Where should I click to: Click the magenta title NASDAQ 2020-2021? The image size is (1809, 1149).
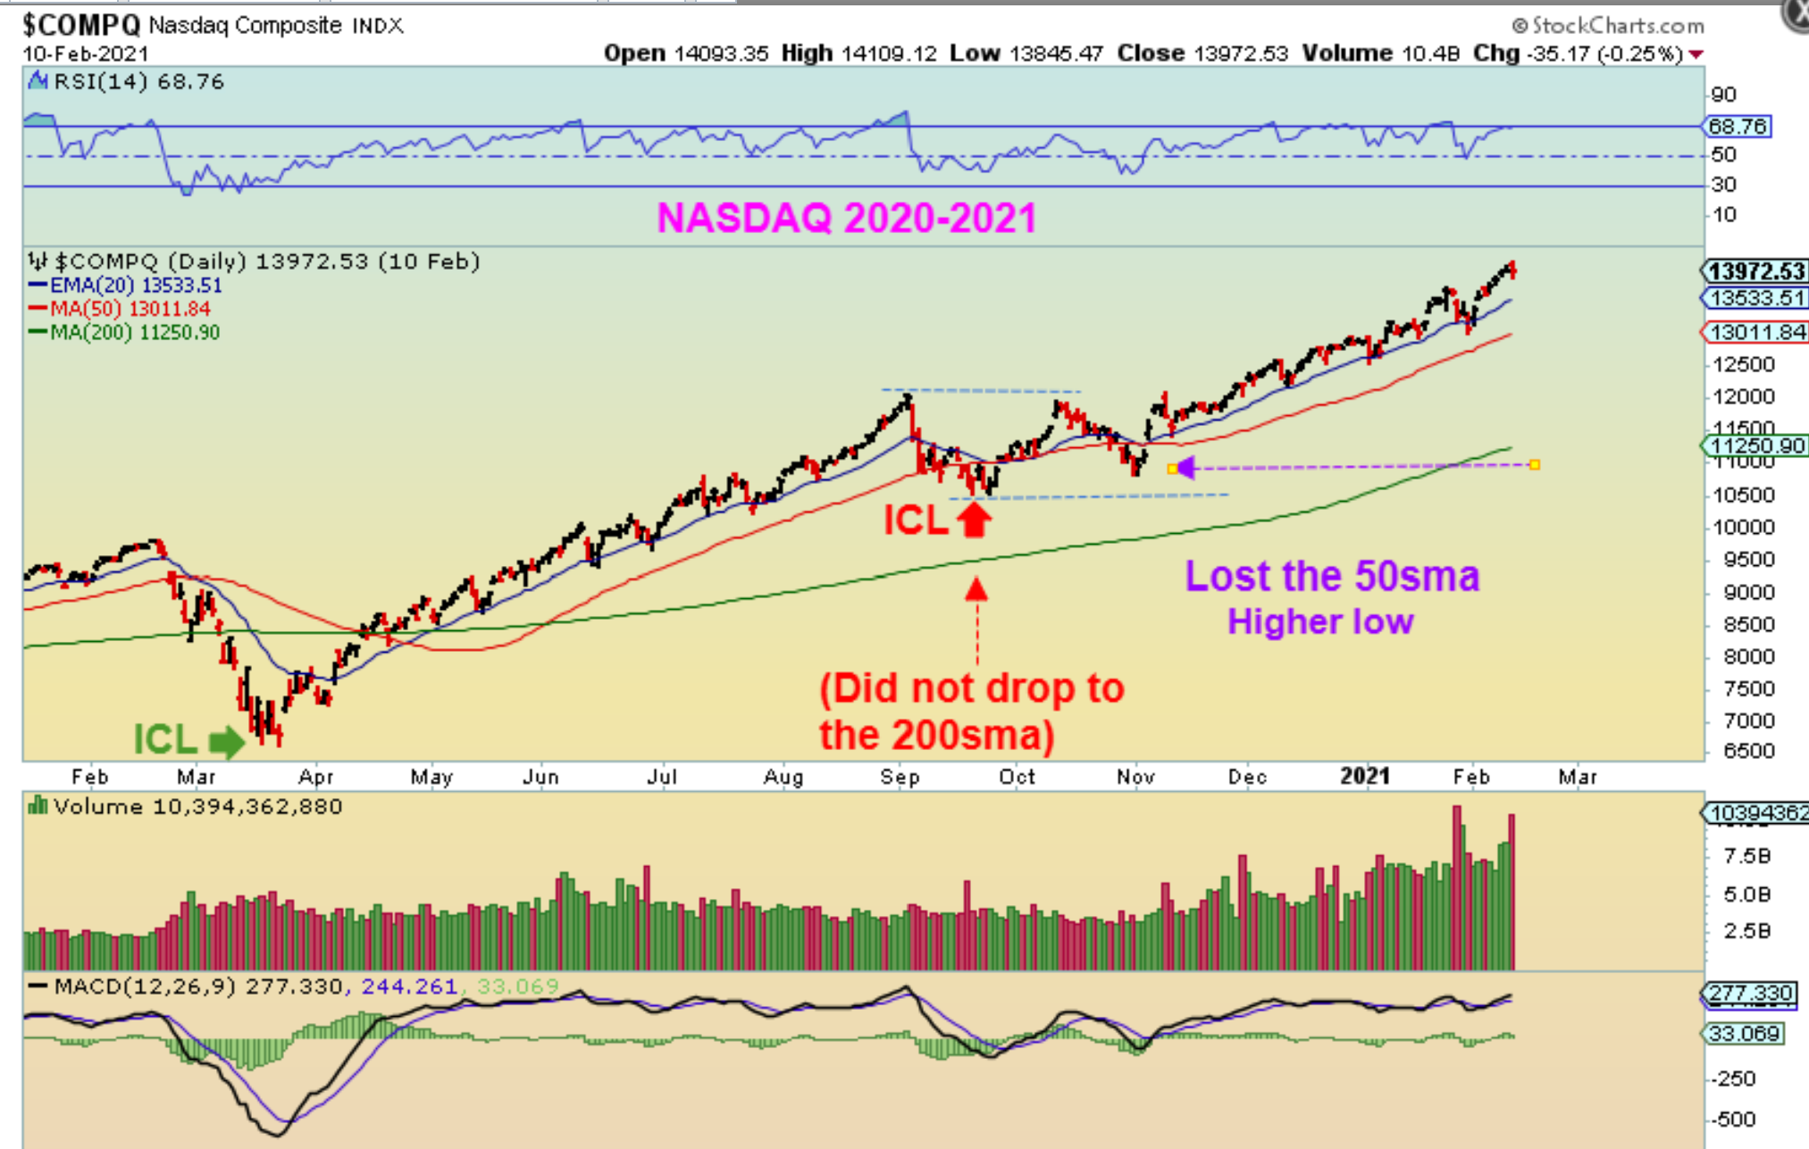[846, 218]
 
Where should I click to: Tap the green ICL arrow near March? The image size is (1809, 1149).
[226, 741]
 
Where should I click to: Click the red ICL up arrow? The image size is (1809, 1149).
[975, 519]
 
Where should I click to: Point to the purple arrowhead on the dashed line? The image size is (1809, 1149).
[1185, 467]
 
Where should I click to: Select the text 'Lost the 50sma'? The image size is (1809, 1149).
[1331, 576]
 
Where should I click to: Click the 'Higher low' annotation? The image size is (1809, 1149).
[1319, 621]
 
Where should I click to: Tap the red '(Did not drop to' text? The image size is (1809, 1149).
[971, 688]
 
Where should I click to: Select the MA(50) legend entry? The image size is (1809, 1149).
[120, 309]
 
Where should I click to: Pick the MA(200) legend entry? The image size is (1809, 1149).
[124, 332]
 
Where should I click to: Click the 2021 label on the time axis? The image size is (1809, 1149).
[1364, 776]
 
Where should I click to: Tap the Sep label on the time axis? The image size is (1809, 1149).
[900, 777]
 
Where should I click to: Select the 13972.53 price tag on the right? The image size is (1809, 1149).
[1755, 271]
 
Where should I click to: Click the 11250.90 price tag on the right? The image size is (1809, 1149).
[1755, 445]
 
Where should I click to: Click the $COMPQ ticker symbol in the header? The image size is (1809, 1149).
[81, 24]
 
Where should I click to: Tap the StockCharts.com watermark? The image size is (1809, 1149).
[1608, 26]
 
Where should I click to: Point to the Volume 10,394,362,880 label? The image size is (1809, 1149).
[197, 807]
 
